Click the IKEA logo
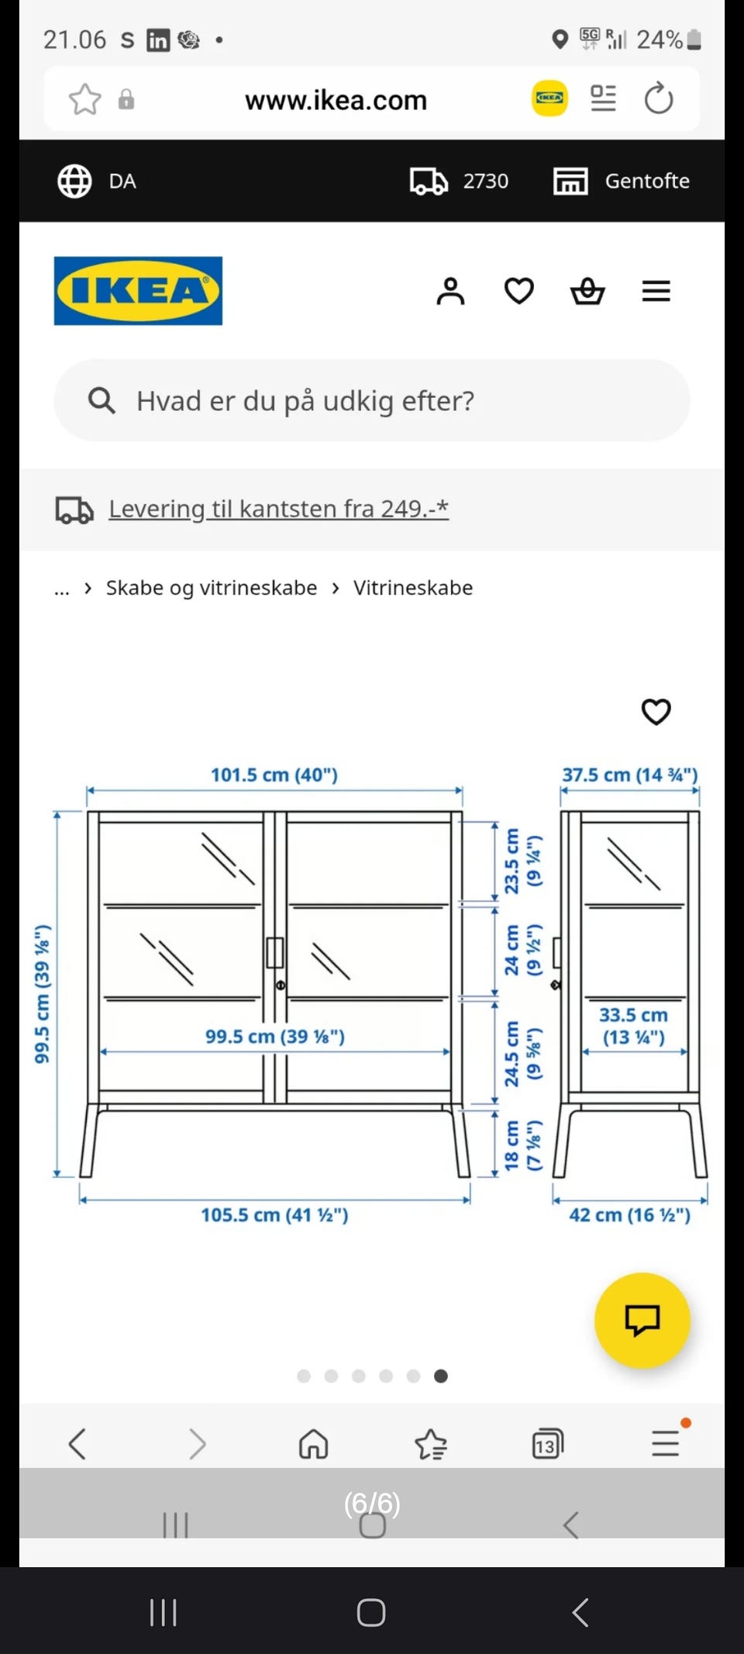pyautogui.click(x=138, y=291)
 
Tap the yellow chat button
pyautogui.click(x=642, y=1320)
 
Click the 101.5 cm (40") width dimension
pyautogui.click(x=274, y=775)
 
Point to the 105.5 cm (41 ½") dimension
pyautogui.click(x=274, y=1214)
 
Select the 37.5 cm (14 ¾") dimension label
pyautogui.click(x=629, y=775)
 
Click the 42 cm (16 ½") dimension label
pyautogui.click(x=629, y=1214)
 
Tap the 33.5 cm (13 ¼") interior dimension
pyautogui.click(x=633, y=1026)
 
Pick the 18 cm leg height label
pyautogui.click(x=521, y=1145)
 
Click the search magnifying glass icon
pyautogui.click(x=102, y=401)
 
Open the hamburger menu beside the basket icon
pyautogui.click(x=656, y=292)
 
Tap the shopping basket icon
pyautogui.click(x=587, y=292)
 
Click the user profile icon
pyautogui.click(x=450, y=292)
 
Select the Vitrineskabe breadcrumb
pyautogui.click(x=413, y=588)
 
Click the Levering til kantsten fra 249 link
pyautogui.click(x=278, y=509)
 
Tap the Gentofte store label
pyautogui.click(x=646, y=181)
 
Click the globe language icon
pyautogui.click(x=75, y=181)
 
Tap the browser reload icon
pyautogui.click(x=659, y=98)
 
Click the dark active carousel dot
pyautogui.click(x=441, y=1376)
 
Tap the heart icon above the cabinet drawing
pyautogui.click(x=656, y=711)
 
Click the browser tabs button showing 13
pyautogui.click(x=547, y=1444)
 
